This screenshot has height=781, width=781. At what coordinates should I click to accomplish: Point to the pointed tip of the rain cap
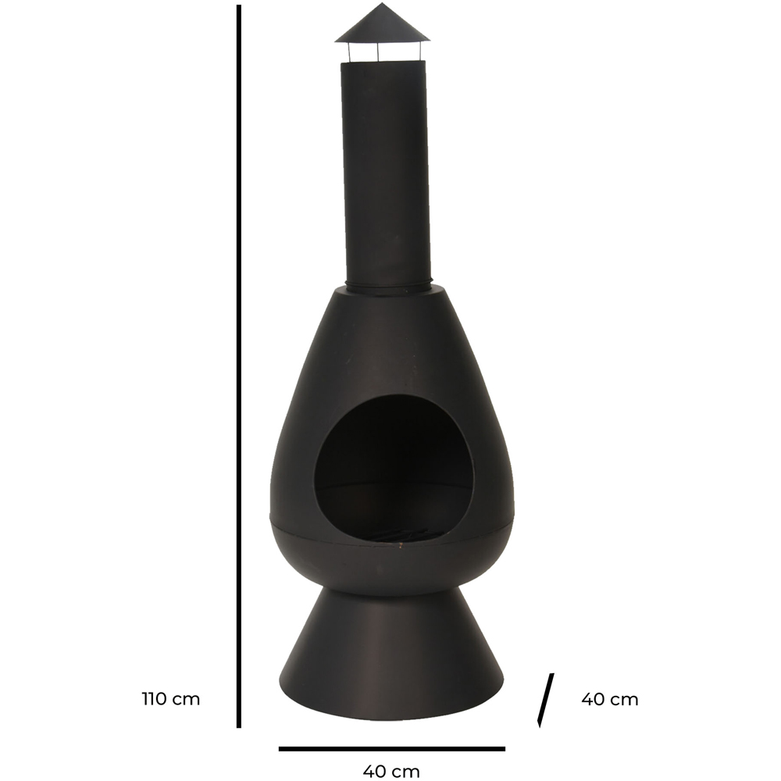pyautogui.click(x=383, y=3)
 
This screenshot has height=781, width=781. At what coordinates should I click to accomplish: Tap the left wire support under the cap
pyautogui.click(x=349, y=52)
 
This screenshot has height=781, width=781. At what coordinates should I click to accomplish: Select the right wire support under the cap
pyautogui.click(x=418, y=52)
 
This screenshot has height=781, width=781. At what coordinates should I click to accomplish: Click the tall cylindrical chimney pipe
pyautogui.click(x=383, y=172)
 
